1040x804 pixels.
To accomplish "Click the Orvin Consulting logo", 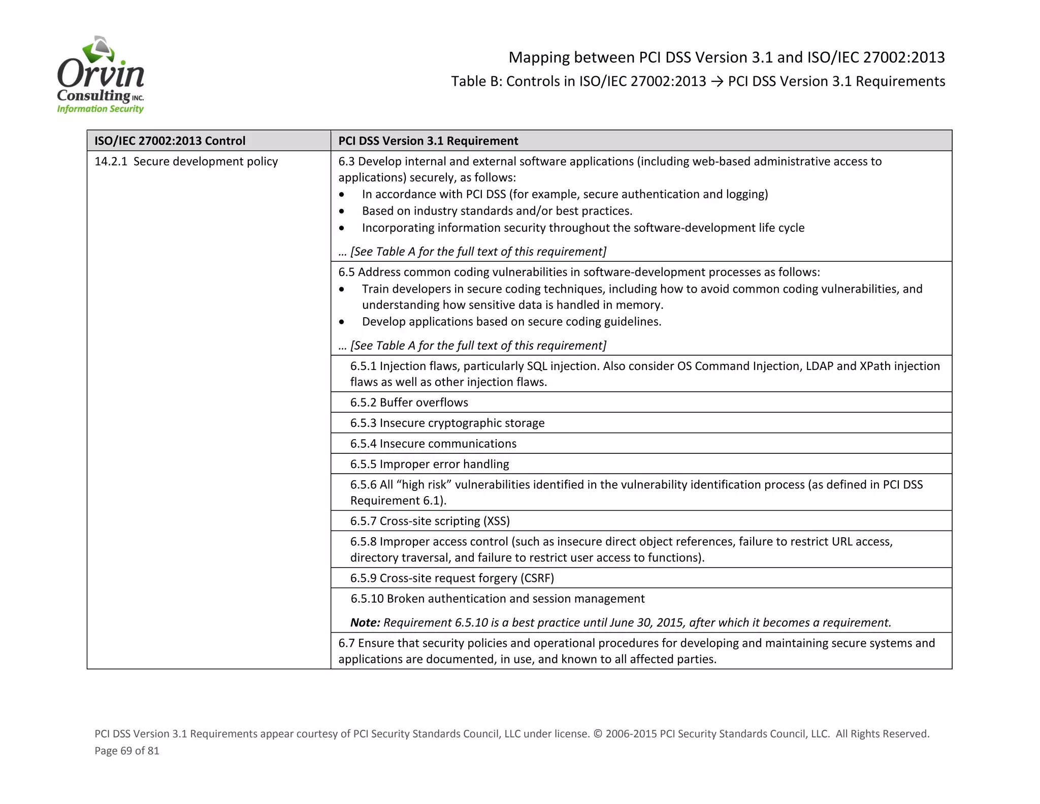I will pos(101,75).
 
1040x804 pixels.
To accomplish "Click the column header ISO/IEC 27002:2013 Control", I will pos(170,141).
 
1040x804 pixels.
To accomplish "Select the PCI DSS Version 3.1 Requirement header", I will pos(428,141).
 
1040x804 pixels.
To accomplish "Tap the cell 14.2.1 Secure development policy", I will pos(186,162).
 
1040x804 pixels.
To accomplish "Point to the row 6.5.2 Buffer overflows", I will pos(409,403).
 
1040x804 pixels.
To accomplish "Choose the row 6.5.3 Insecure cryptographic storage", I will pos(447,423).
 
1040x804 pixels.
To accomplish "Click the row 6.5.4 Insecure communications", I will pos(433,444).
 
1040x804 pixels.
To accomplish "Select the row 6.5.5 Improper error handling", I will pos(430,464).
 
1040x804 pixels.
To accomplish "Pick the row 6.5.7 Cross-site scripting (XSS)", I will pos(430,521).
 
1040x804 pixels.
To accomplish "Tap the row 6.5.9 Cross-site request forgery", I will pos(451,578).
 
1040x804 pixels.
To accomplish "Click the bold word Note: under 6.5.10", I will pos(365,623).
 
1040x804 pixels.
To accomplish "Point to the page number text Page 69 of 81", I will pos(127,751).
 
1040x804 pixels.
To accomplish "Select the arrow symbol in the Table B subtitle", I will pos(717,81).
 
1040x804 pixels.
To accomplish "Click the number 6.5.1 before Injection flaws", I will pos(363,366).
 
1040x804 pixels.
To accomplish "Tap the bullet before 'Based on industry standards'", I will pos(342,211).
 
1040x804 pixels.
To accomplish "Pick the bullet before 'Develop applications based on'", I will pos(342,322).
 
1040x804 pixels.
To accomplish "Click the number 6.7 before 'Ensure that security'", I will pos(346,643).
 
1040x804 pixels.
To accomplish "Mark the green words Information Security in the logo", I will pos(100,109).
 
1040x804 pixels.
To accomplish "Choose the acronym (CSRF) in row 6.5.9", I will pos(537,578).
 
